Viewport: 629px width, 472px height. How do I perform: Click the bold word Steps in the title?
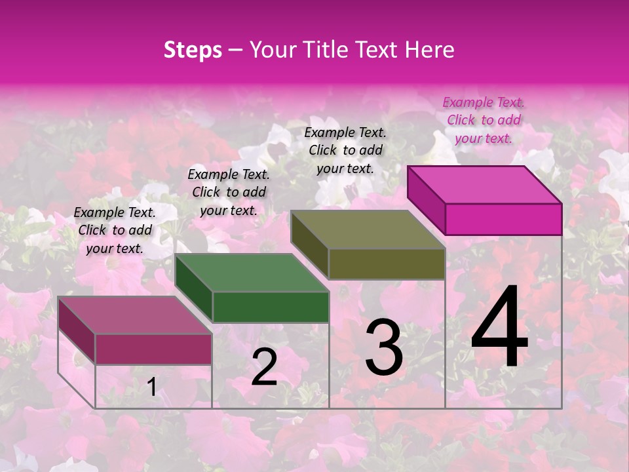coord(193,50)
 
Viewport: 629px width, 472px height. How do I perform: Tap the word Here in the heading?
coord(430,50)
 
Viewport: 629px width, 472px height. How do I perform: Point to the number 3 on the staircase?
coord(384,347)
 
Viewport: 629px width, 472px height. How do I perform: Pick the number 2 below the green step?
coord(264,367)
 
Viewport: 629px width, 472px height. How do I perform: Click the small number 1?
coord(152,387)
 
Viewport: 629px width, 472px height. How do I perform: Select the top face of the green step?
coord(252,273)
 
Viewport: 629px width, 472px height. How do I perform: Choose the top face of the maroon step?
coord(135,315)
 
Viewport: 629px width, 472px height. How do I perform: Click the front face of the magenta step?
coord(503,219)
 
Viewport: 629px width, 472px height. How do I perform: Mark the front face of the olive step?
coord(387,264)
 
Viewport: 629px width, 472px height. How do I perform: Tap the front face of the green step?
coord(271,307)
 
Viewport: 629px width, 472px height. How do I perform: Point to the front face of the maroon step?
coord(153,349)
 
